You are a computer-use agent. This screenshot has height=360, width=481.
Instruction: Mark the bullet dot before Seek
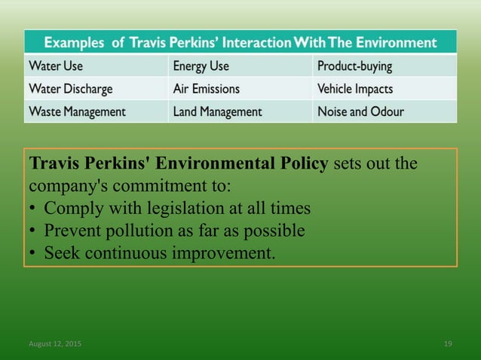click(33, 252)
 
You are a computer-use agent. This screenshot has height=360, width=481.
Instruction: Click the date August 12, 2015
click(56, 343)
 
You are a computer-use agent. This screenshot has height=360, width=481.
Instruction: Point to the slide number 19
click(448, 343)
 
